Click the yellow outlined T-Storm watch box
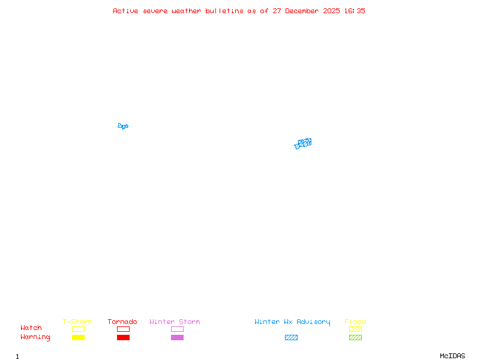78,329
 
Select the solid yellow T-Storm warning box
78,337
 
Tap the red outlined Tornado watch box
123,329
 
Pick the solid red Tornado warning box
123,337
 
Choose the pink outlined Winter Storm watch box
177,329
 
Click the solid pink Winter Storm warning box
177,337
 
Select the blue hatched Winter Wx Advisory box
291,337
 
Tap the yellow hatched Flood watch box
355,329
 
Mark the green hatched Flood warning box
355,337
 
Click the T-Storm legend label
77,322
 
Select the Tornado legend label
122,322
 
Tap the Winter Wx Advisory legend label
292,322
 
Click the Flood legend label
355,322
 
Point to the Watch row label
31,328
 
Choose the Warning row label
35,337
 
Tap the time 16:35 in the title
355,11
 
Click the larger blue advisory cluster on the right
304,143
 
